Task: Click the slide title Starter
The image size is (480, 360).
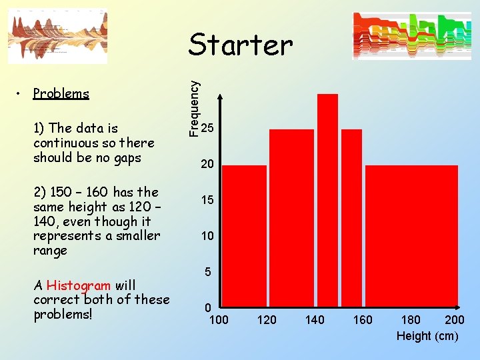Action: coord(240,45)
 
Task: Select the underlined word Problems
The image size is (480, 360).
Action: coord(61,93)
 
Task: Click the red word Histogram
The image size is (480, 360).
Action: coord(79,285)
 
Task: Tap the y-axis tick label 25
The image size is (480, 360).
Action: coord(207,127)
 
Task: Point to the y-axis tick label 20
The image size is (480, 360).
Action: coord(207,164)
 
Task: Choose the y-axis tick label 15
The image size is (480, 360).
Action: coord(207,200)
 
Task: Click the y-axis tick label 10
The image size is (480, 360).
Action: coord(207,236)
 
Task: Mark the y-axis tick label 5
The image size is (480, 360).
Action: coord(208,272)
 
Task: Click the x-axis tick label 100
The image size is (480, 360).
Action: coord(219,320)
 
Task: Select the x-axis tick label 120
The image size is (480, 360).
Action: coord(267,320)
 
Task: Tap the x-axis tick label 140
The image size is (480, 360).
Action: coord(315,320)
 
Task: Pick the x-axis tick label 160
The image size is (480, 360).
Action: coord(363,320)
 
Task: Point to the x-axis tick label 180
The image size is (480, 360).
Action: coord(411,320)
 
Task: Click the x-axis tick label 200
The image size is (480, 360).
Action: coord(455,320)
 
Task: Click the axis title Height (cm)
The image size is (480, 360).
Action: coord(427,336)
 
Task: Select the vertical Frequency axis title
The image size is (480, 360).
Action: coord(193,109)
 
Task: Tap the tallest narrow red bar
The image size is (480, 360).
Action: coord(328,200)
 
